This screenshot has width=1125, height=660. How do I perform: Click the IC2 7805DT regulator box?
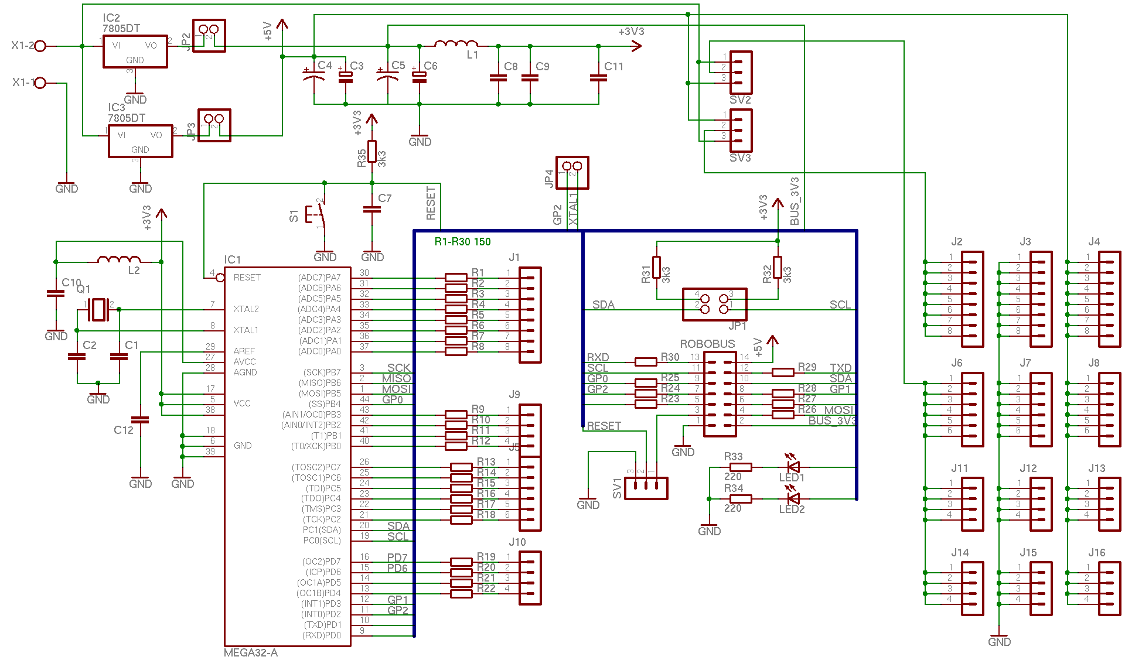pyautogui.click(x=135, y=52)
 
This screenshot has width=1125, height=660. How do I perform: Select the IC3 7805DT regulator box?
pyautogui.click(x=140, y=141)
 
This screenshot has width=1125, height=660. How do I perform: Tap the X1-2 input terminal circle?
pyautogui.click(x=40, y=46)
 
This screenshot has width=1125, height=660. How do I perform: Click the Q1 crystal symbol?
pyautogui.click(x=98, y=309)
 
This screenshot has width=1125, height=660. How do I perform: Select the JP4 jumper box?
pyautogui.click(x=572, y=172)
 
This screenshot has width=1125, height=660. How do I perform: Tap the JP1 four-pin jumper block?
pyautogui.click(x=714, y=304)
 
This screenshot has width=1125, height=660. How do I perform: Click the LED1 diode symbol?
pyautogui.click(x=793, y=467)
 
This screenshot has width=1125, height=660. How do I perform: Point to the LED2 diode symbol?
pyautogui.click(x=793, y=498)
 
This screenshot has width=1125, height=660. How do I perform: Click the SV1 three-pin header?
pyautogui.click(x=646, y=488)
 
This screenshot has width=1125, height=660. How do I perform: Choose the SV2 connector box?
pyautogui.click(x=741, y=73)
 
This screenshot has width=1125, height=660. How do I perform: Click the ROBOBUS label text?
pyautogui.click(x=707, y=344)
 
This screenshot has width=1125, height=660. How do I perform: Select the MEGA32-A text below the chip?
pyautogui.click(x=251, y=652)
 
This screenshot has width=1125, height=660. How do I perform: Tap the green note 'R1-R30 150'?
pyautogui.click(x=462, y=242)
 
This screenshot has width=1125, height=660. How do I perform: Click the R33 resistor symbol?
pyautogui.click(x=741, y=467)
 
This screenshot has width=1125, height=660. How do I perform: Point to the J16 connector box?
pyautogui.click(x=1109, y=589)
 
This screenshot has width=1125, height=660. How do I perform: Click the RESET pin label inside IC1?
pyautogui.click(x=247, y=278)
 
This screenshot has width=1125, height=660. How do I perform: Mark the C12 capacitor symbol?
pyautogui.click(x=140, y=419)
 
